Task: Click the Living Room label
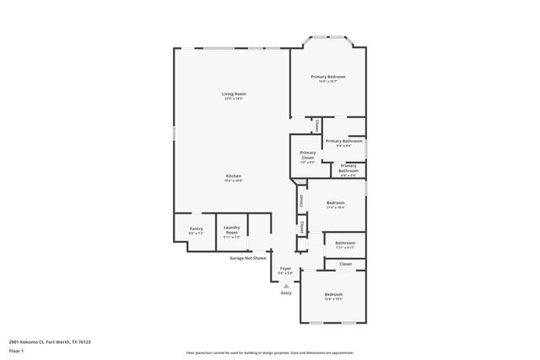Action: tap(234, 93)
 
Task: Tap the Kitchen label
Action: tap(234, 175)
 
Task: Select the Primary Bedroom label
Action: tap(328, 76)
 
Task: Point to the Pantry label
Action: tap(196, 228)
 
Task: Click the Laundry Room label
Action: tap(231, 229)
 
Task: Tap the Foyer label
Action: tap(286, 268)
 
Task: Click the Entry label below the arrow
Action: tap(286, 293)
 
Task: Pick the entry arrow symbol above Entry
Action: tap(286, 286)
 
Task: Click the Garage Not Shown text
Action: tap(248, 258)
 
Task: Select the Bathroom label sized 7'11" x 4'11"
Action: tap(345, 243)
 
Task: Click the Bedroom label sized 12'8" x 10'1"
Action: tap(333, 293)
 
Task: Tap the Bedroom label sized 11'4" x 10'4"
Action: tap(336, 202)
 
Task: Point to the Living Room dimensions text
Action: tap(234, 99)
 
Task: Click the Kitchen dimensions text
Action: tap(234, 180)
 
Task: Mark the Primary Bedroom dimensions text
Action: tap(328, 82)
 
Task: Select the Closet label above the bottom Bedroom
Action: tap(345, 264)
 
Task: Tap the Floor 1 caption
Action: tap(15, 350)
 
